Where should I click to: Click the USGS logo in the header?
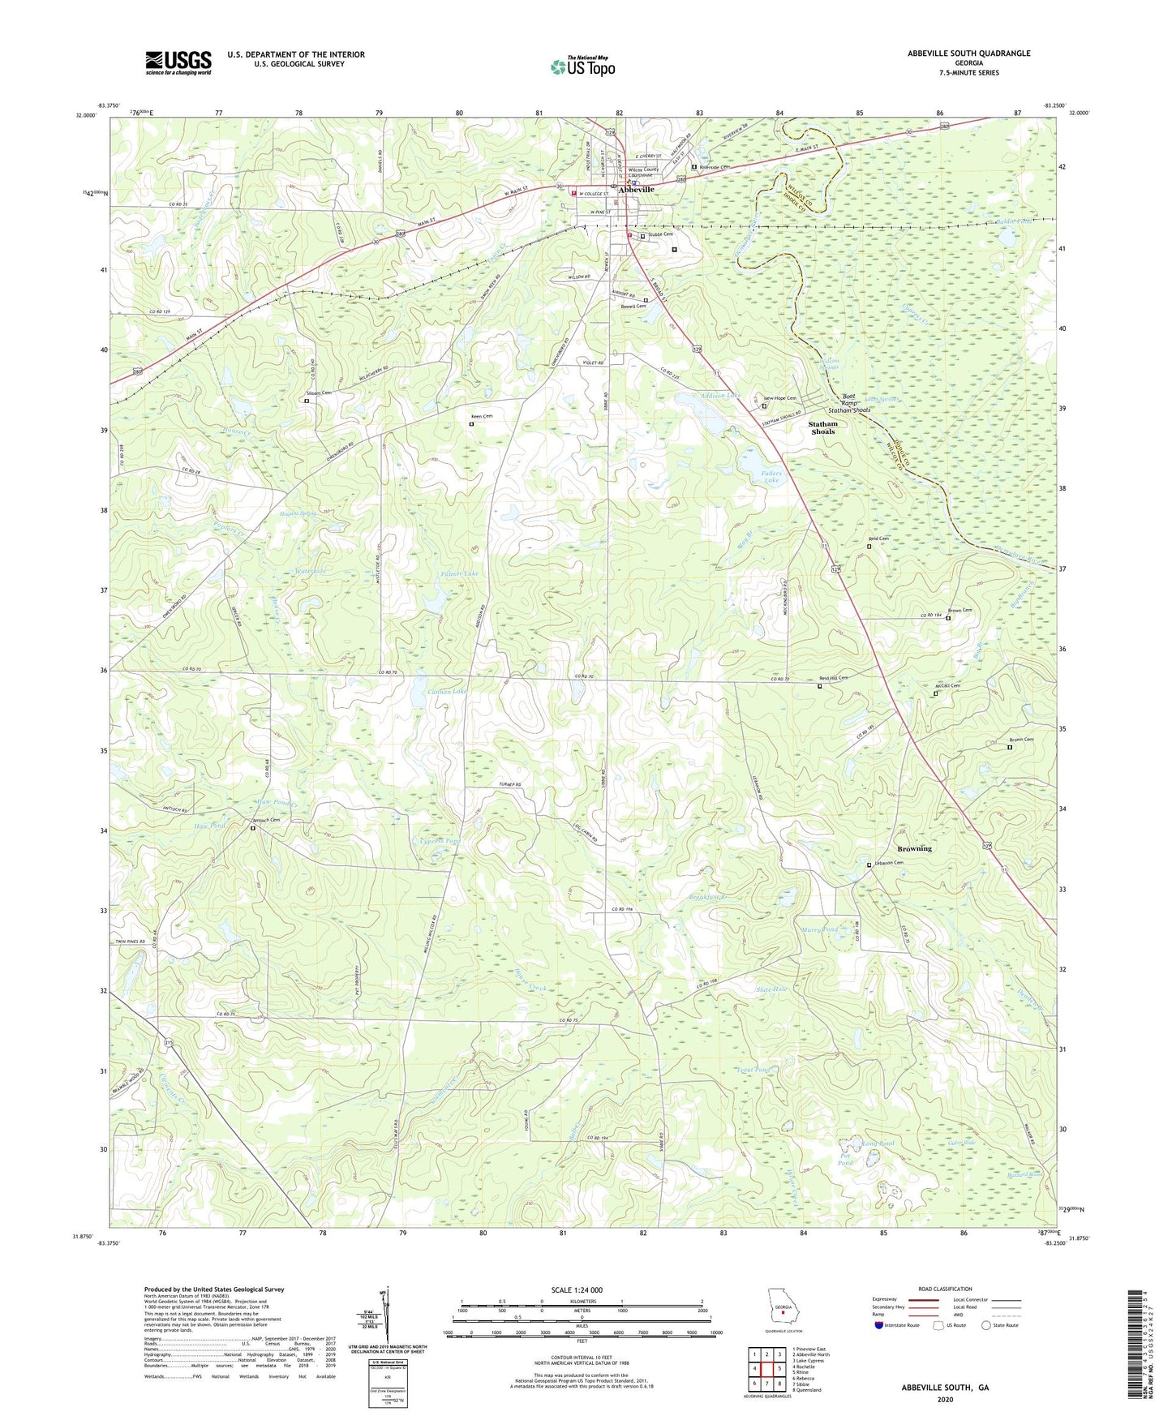(x=178, y=62)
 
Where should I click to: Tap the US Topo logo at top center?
(x=582, y=67)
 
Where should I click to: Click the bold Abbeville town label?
(x=637, y=190)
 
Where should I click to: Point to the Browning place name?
(x=914, y=848)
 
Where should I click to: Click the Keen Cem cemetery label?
(x=483, y=416)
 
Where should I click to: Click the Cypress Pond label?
(x=440, y=841)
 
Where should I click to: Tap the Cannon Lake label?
(x=447, y=691)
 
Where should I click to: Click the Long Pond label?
(x=878, y=1144)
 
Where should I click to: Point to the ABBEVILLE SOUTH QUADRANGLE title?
(x=968, y=54)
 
